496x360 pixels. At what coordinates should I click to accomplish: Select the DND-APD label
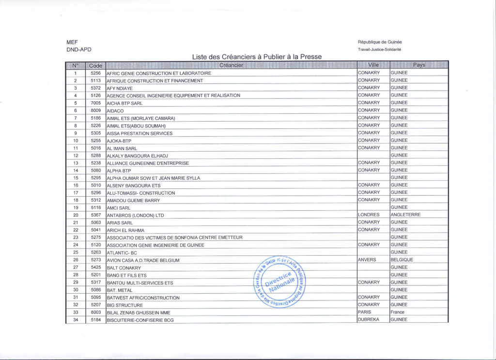(79, 49)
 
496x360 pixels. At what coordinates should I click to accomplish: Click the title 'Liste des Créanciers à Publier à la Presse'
(257, 57)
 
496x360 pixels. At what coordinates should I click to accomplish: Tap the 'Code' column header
(96, 65)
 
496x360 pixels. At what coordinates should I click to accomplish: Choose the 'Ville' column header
(373, 65)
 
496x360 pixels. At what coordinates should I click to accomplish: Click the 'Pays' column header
(419, 65)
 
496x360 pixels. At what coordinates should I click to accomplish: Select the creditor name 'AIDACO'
(115, 111)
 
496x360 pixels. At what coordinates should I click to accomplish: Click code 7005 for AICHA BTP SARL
(95, 103)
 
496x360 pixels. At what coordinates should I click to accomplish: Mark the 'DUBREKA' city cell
(369, 320)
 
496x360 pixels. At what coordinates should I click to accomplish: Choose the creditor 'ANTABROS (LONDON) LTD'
(136, 215)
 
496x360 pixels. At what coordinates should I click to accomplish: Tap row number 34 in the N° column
(76, 320)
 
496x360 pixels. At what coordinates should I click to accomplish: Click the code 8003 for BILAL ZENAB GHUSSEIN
(95, 312)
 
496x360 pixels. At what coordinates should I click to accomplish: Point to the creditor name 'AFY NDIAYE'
(120, 89)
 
